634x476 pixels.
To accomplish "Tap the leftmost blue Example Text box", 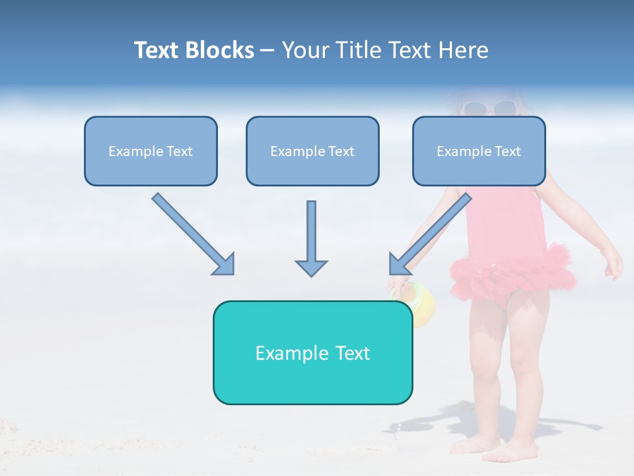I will pos(151,151).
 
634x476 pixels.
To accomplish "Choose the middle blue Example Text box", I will pos(312,151).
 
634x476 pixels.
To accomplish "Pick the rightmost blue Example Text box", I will pos(479,151).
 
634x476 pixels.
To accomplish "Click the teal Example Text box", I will pos(312,352).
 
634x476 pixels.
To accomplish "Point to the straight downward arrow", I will pos(311,238).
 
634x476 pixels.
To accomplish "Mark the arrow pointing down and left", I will pos(431,233).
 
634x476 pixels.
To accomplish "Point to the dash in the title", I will pos(267,50).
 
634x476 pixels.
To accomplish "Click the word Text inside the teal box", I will pos(353,353).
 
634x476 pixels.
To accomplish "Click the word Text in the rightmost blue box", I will pos(507,151).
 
